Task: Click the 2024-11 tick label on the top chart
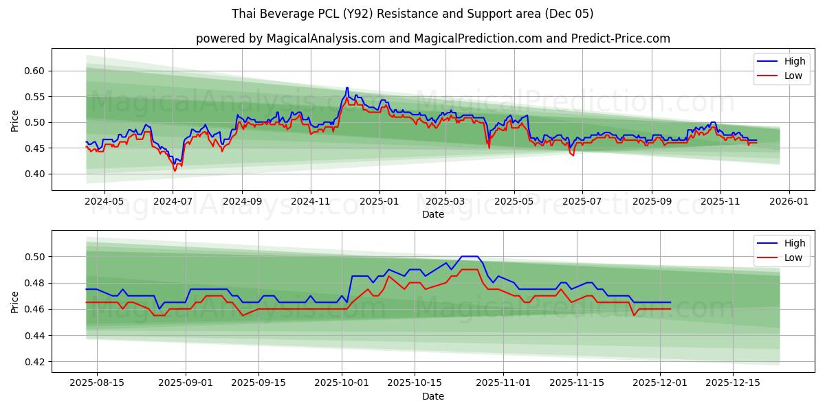(310, 203)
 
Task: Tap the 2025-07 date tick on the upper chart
(582, 203)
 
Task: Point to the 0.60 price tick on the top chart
(35, 71)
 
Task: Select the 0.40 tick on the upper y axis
(35, 174)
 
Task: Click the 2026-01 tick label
(789, 203)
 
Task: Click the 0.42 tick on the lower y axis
(35, 362)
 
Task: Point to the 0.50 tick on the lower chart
(35, 257)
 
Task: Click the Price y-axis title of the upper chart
(15, 121)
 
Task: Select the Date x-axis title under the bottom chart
(433, 396)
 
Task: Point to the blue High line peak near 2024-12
(347, 88)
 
